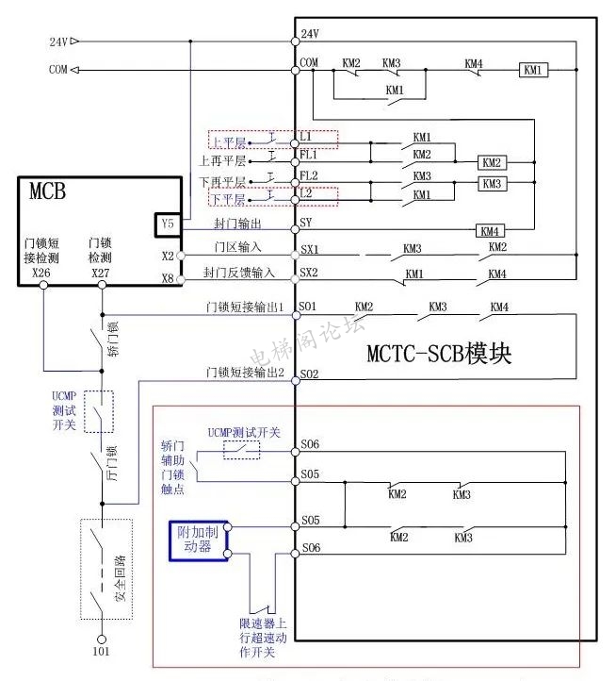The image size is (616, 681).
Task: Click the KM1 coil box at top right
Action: pos(533,70)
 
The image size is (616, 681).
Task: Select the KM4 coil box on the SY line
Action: pos(488,231)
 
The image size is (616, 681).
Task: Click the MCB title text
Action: pos(48,192)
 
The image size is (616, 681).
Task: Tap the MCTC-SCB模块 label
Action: pos(439,355)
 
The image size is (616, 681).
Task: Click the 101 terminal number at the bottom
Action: pos(100,651)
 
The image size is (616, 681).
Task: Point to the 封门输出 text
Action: pos(236,224)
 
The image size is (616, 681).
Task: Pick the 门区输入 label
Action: pos(236,248)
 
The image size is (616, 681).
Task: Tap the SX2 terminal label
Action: pos(309,272)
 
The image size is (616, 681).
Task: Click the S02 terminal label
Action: pos(309,374)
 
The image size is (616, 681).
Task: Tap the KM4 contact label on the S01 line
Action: pos(499,307)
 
